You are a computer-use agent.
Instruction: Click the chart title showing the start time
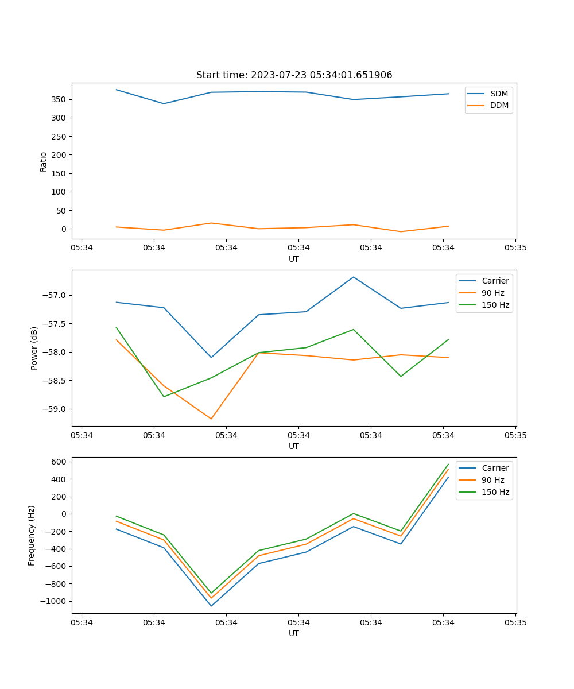pos(294,75)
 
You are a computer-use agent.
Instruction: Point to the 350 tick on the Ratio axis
pos(59,99)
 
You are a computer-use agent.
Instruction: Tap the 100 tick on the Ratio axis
pos(59,192)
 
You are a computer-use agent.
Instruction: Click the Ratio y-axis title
pos(43,161)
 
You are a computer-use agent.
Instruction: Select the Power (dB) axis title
pos(34,348)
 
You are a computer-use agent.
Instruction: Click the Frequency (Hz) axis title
pos(32,535)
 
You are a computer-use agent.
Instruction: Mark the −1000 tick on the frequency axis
pos(56,601)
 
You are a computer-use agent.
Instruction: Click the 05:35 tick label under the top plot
pos(515,248)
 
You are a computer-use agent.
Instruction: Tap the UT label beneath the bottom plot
pos(294,633)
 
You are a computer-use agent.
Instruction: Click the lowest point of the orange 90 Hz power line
pos(211,419)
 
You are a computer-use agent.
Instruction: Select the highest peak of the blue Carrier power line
pos(354,277)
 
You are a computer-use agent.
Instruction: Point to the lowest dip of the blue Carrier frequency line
pos(211,606)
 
